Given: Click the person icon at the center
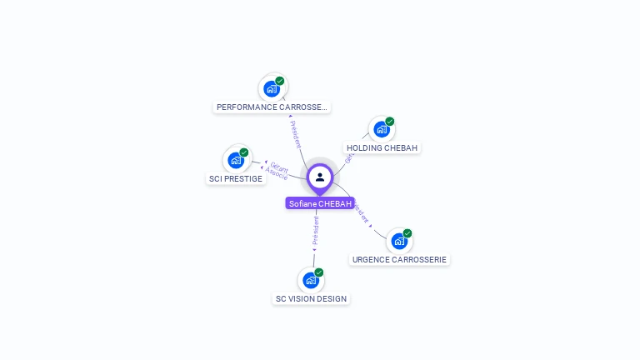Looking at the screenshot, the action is click(320, 177).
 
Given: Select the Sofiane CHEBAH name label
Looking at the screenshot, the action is click(320, 203).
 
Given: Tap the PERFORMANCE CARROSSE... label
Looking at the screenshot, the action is click(272, 107).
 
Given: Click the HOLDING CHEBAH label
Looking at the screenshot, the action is click(383, 148).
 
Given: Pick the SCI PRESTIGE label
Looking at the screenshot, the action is click(236, 178).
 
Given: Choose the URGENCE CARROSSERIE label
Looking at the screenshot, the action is click(399, 259).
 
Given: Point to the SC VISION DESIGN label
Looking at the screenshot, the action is click(311, 298).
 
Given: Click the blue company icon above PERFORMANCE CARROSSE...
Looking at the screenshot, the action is click(271, 88).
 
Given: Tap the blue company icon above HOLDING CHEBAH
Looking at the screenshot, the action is click(381, 129).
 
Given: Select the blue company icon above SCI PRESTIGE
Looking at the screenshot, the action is click(235, 160).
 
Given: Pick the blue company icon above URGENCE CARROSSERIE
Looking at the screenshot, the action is click(398, 241).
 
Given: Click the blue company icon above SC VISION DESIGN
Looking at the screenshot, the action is click(310, 280).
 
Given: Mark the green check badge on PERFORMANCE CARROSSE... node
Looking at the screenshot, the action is click(280, 81).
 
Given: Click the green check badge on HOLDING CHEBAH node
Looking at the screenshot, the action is click(390, 122).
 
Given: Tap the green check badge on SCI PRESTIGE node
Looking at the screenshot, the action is click(244, 152).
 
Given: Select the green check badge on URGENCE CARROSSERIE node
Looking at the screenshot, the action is click(407, 233).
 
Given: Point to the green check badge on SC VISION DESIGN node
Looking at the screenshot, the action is click(319, 272).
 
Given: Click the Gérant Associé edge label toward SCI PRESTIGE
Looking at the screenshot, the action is click(278, 170).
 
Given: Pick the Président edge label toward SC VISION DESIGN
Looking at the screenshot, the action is click(315, 231).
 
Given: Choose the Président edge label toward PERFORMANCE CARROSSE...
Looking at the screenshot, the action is click(295, 133).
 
